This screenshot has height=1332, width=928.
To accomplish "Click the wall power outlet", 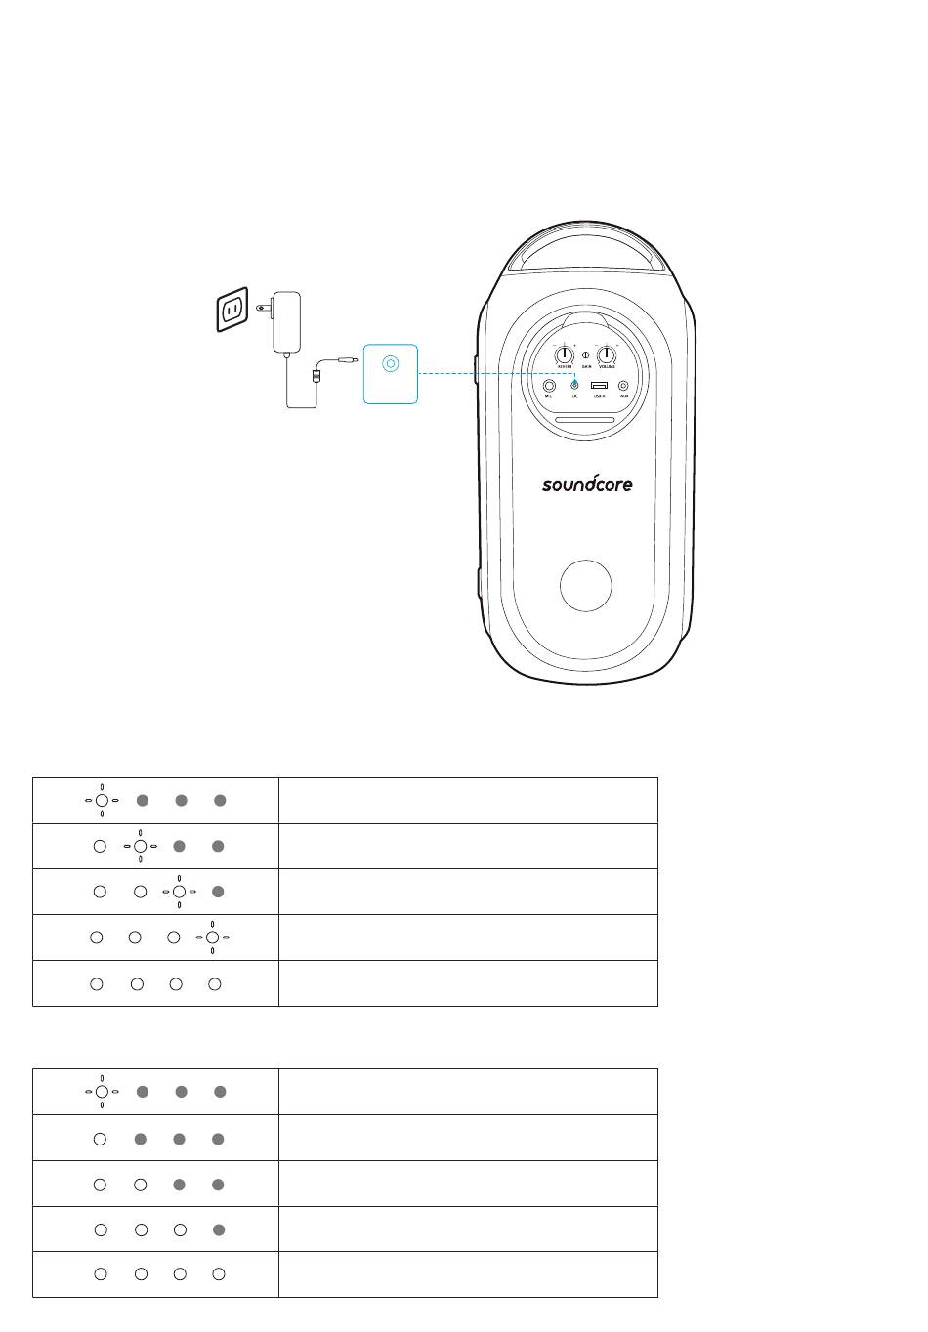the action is [x=232, y=311].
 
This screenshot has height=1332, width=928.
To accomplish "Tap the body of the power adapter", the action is [x=286, y=321].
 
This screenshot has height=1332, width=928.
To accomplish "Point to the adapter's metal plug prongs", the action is [x=263, y=308].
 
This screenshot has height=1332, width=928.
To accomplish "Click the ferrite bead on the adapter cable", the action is [x=315, y=374].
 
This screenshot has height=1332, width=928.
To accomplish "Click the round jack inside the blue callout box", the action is [x=391, y=364].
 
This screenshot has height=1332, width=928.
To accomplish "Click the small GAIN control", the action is [x=586, y=355].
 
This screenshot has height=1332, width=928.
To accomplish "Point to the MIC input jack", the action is [x=549, y=386].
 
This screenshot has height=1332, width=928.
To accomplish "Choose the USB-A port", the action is [x=599, y=386].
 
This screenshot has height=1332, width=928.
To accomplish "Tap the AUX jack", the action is [x=623, y=386].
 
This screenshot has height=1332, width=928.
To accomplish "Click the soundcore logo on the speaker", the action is [x=587, y=482].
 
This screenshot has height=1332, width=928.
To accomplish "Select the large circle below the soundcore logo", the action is [x=586, y=586].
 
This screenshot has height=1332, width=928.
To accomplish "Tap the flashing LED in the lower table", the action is [x=102, y=1092].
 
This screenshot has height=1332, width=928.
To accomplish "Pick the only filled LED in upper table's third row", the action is [x=219, y=891].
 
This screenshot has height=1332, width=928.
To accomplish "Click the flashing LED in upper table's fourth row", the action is [x=212, y=937].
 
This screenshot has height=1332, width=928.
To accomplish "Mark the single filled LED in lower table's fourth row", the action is [x=219, y=1229].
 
